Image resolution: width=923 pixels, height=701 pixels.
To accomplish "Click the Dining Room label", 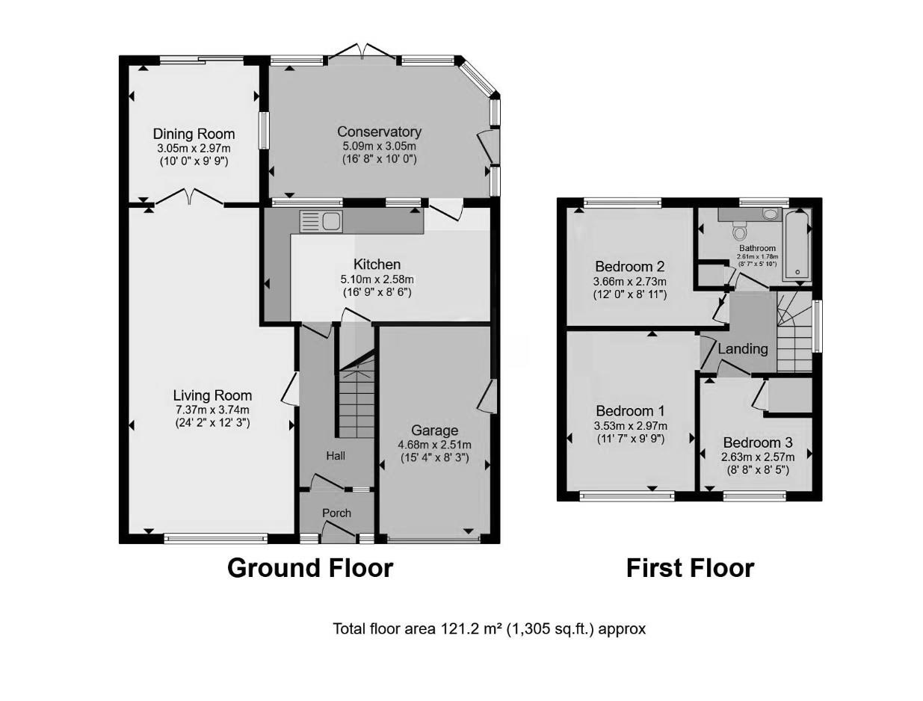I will tap(194, 134).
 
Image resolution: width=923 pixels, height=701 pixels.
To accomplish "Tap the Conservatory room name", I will tap(379, 132).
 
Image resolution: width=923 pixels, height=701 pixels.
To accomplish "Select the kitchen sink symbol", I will tap(321, 221).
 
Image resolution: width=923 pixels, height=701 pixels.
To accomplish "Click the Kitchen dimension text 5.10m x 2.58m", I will tap(377, 280).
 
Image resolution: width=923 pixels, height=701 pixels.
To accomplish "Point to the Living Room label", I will tap(212, 395).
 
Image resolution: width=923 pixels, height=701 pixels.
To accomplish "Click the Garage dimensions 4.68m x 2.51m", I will tap(434, 445).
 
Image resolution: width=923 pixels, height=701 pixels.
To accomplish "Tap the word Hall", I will tap(336, 456).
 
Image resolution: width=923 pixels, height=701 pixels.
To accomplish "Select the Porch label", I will tap(336, 513).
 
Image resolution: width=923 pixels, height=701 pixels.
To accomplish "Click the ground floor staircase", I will tap(356, 396).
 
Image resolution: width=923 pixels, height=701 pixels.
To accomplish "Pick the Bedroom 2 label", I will tap(630, 267).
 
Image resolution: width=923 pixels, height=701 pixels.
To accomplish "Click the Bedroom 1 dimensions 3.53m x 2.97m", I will tap(630, 425).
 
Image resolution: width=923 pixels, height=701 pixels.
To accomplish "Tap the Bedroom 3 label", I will tap(757, 442).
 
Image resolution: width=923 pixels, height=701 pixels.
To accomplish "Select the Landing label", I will tap(743, 349).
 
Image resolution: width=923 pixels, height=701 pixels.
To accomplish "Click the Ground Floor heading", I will tap(309, 568).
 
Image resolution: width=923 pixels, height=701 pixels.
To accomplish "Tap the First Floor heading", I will tap(690, 568).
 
